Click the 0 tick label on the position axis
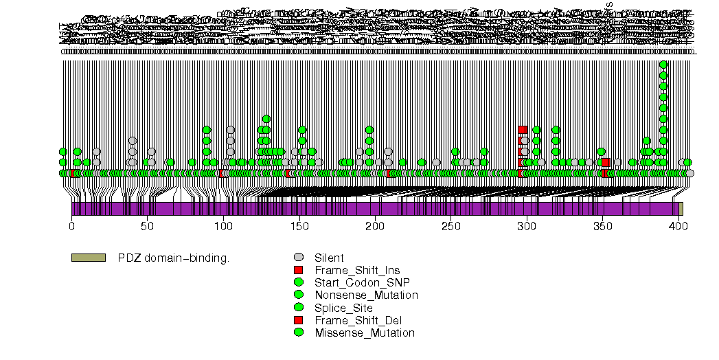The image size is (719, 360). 71,225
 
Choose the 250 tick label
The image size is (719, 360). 450,225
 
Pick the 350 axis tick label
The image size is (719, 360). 602,225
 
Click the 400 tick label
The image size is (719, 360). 678,225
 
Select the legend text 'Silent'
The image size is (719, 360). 330,258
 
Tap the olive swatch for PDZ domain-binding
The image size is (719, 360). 88,258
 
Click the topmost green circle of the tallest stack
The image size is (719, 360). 663,65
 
